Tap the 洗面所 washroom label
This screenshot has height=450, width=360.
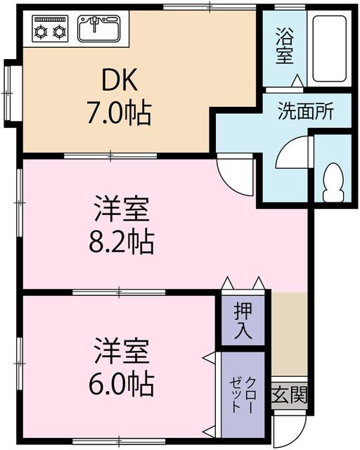pyautogui.click(x=304, y=110)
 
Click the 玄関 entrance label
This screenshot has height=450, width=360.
pyautogui.click(x=289, y=395)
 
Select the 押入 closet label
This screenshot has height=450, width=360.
pyautogui.click(x=243, y=320)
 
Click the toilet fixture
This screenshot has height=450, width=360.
pyautogui.click(x=331, y=182)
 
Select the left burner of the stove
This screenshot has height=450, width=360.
pyautogui.click(x=41, y=31)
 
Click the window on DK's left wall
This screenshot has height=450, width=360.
pyautogui.click(x=10, y=92)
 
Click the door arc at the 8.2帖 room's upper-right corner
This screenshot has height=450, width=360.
pyautogui.click(x=236, y=176)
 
